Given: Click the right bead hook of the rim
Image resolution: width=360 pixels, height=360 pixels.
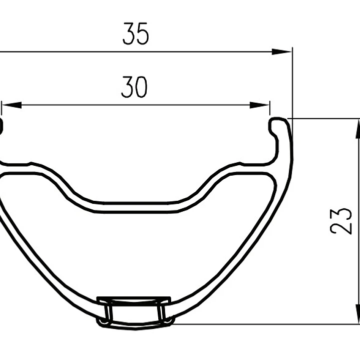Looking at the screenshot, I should [x=276, y=125].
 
